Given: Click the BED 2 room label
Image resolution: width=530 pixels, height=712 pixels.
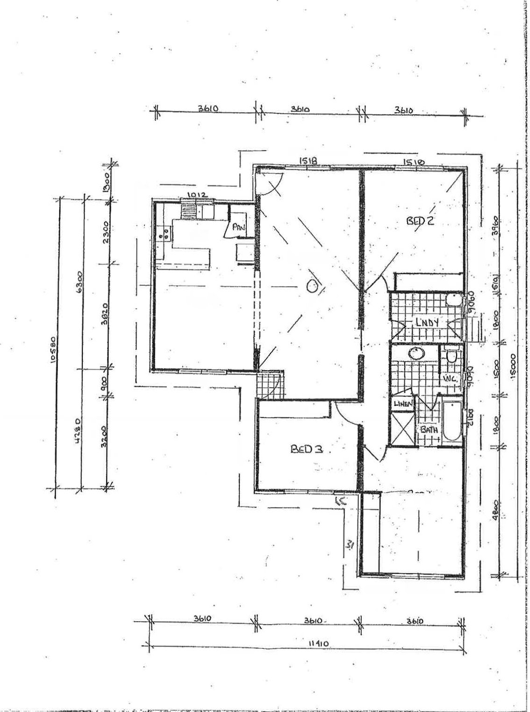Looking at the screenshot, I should click(x=420, y=220).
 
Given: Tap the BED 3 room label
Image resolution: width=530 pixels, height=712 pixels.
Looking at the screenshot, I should click(x=307, y=449).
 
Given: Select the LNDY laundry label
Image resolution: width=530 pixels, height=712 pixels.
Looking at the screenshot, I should click(x=427, y=323).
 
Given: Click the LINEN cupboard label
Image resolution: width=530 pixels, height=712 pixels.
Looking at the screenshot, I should click(x=403, y=403).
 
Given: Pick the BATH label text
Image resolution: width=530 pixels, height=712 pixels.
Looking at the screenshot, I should click(x=428, y=429).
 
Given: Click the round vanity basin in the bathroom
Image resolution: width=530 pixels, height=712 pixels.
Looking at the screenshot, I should click(x=415, y=354).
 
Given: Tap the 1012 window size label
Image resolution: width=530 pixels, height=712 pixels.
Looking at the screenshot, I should click(x=194, y=195).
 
